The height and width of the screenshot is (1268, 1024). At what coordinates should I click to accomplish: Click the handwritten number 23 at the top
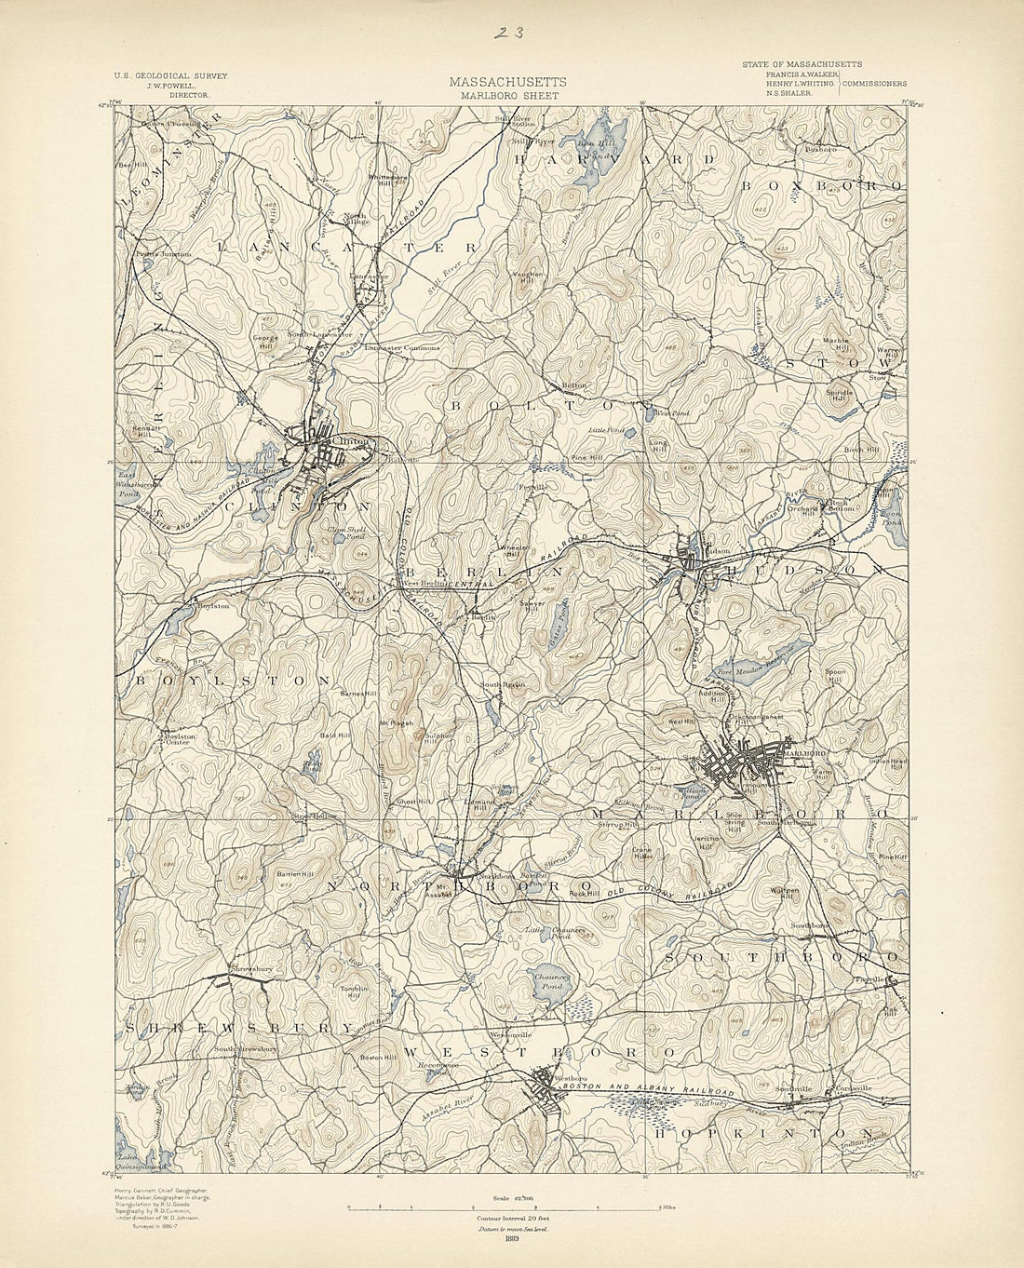pos(508,33)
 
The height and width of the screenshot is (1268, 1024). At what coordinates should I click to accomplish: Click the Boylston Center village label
pos(179,738)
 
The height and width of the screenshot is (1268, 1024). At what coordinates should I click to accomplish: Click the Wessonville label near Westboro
pos(510,1034)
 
